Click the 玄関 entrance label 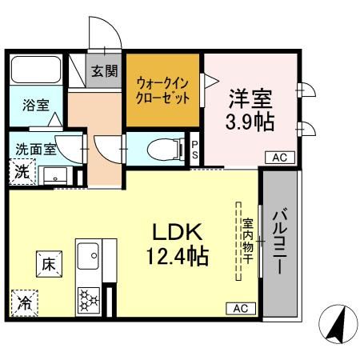coord(102,71)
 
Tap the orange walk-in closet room coord(163,90)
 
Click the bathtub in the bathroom coord(35,73)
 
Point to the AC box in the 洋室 coord(279,158)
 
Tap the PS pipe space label coord(194,150)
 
